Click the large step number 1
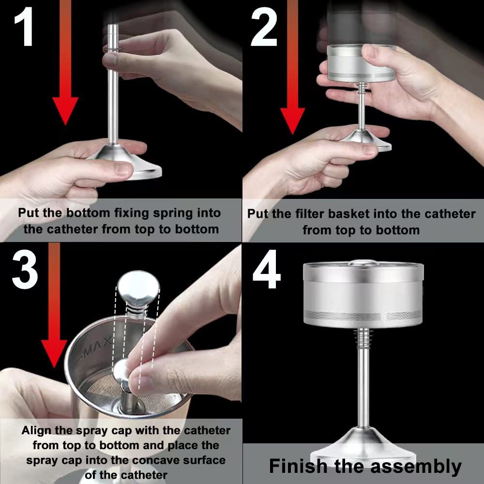pos(24,27)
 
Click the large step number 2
pos(264,27)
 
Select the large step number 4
pos(267,269)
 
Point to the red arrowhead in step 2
pos(292,121)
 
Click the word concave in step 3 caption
pos(155,460)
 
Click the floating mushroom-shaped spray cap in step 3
pos(138,288)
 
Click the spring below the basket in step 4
pos(363,336)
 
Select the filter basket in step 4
pos(363,294)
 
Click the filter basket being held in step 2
pos(361,63)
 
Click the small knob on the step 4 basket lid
pos(363,263)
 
